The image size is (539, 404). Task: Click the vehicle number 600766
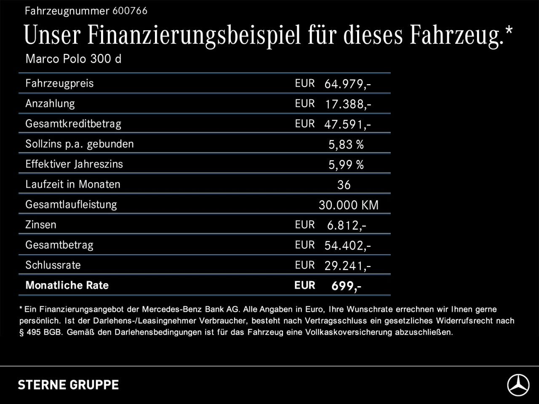coord(130,11)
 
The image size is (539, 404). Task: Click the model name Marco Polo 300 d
coord(73,58)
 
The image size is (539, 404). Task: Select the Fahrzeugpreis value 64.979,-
coord(347,84)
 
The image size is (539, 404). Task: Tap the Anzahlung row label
coord(50,104)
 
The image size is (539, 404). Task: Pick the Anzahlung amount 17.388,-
coord(348,104)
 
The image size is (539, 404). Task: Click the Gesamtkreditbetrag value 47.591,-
coord(347,124)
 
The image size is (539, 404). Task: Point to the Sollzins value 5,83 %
coord(346,144)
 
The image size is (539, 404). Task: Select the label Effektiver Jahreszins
coord(74,164)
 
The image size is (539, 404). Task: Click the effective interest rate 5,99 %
coord(346,165)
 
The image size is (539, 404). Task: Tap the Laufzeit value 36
coord(344,185)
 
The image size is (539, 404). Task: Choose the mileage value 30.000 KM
coord(348,205)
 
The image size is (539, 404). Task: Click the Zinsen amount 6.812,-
coord(347,225)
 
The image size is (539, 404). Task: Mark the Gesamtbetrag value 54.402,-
coord(347,245)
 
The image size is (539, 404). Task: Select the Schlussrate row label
coord(53,265)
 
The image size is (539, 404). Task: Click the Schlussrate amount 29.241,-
coord(347,266)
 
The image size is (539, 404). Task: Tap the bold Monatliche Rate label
coord(67,285)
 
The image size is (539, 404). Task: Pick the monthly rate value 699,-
coord(346,286)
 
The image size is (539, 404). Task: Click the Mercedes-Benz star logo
coord(518,385)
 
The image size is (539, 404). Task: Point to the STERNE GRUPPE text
coord(68,385)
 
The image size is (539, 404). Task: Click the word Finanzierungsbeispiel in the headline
coord(194,35)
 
